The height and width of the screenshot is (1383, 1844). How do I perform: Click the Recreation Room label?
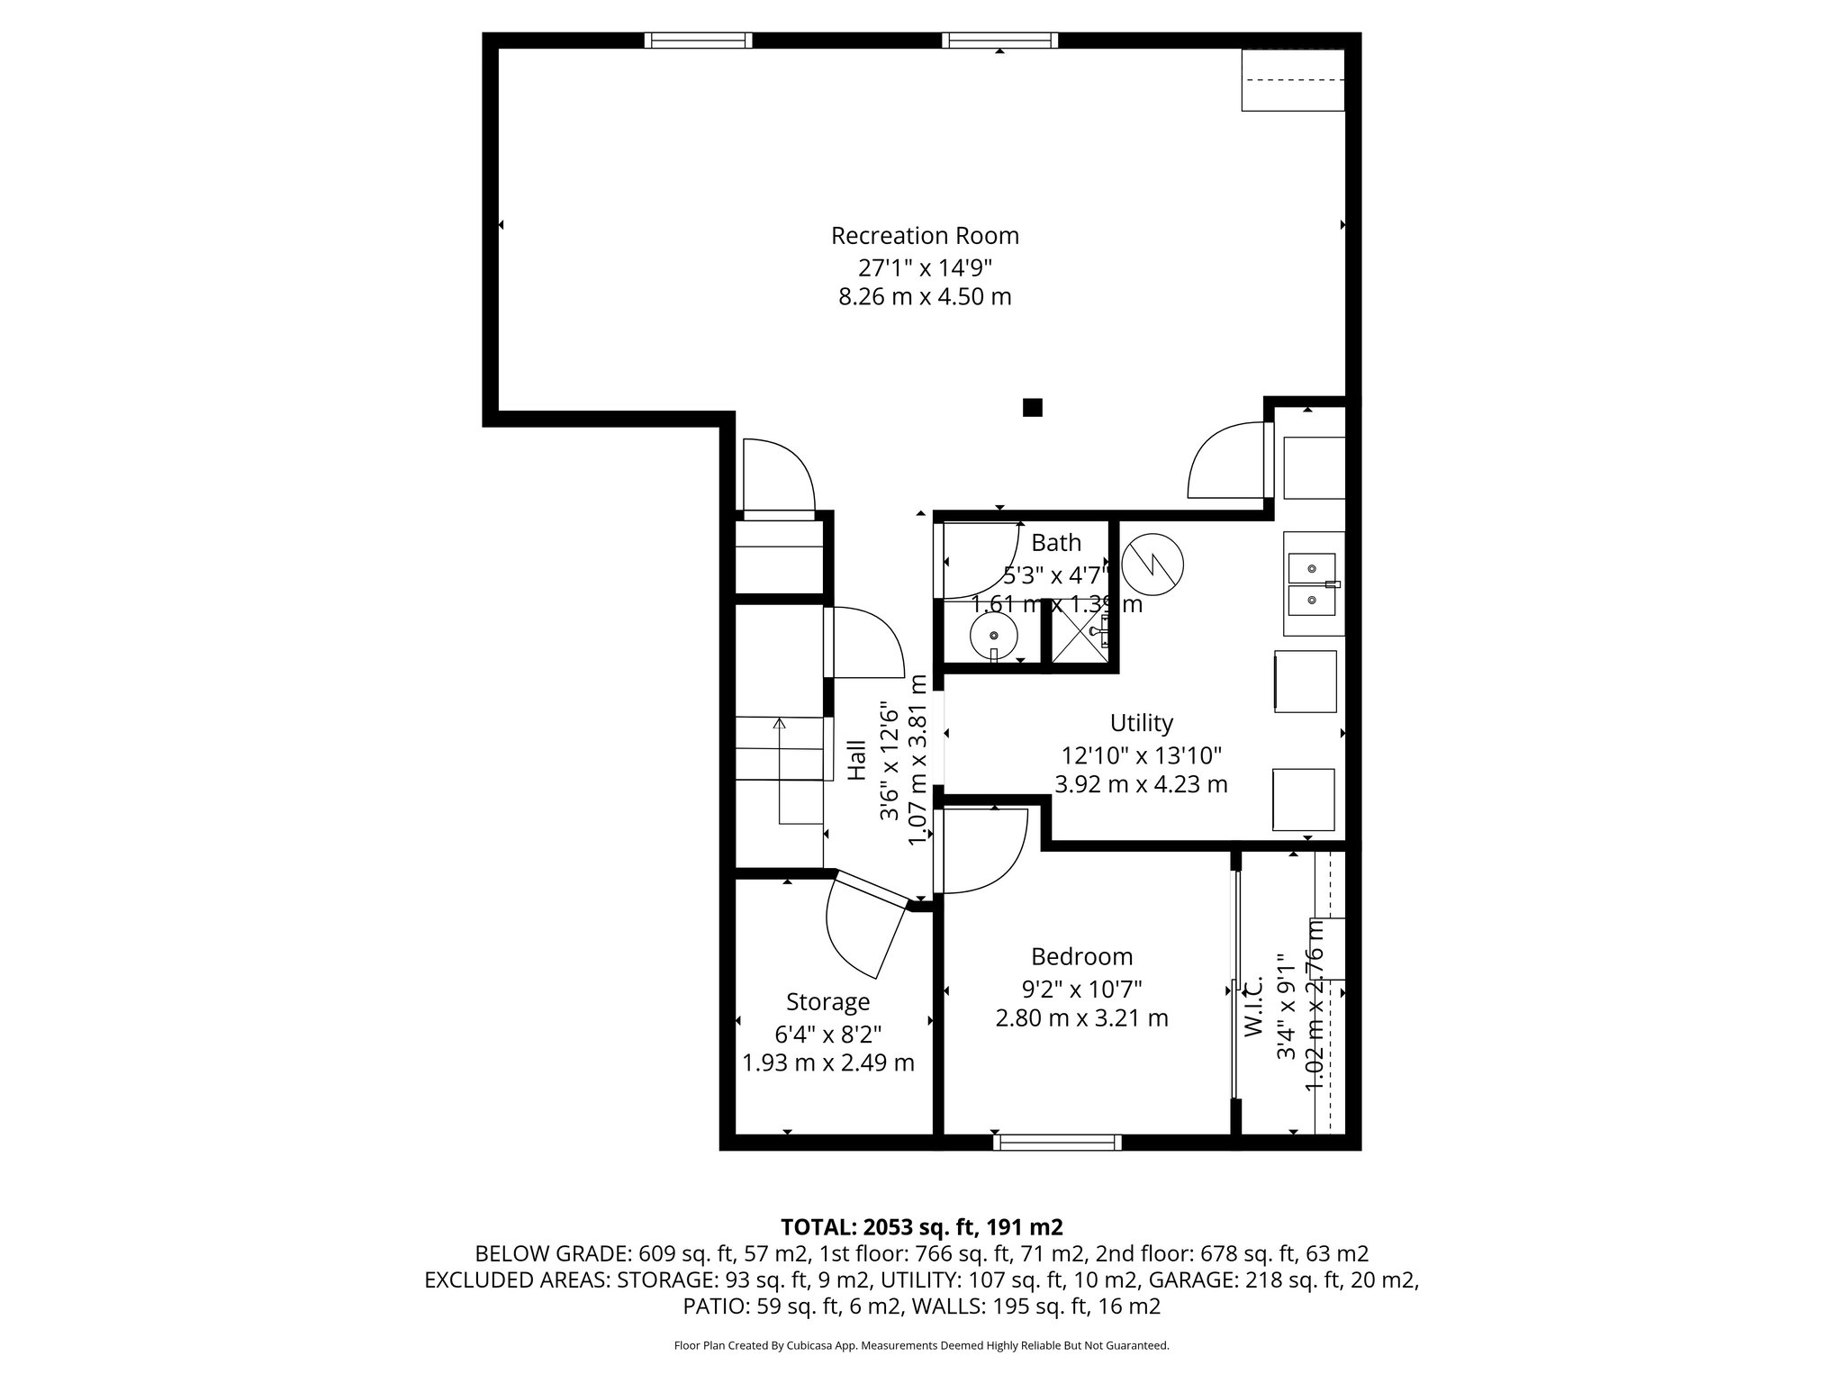(x=925, y=236)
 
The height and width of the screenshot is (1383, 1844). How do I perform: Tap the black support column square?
(x=1032, y=408)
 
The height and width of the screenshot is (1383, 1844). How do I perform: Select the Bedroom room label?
(x=1081, y=956)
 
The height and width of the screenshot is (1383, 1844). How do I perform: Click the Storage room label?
(x=827, y=1002)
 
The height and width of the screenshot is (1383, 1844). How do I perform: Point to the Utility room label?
(x=1141, y=723)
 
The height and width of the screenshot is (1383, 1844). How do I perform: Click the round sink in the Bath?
(x=993, y=637)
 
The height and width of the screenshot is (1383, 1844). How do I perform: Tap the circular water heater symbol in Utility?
(x=1152, y=565)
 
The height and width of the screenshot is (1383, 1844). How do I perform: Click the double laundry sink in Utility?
(x=1313, y=584)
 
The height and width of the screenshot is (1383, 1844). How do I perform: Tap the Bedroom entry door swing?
(x=981, y=851)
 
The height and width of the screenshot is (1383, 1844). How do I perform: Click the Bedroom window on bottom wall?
(x=1057, y=1142)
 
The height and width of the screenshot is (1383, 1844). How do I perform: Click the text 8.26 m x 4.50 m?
(x=925, y=297)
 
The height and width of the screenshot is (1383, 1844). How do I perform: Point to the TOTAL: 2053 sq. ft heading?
(x=921, y=1226)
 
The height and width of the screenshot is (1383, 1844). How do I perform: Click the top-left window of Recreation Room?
(x=699, y=41)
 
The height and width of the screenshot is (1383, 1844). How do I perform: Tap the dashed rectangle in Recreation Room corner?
(x=1292, y=80)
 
